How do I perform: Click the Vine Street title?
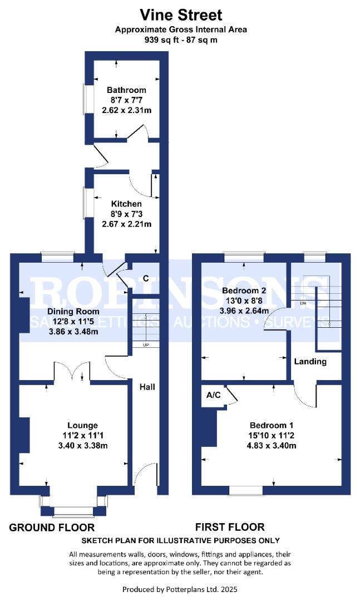point(181,15)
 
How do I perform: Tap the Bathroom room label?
point(126,91)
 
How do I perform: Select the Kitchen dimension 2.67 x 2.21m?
point(126,224)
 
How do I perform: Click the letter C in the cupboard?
point(146,278)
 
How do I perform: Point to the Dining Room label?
point(73,312)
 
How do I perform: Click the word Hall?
point(147,387)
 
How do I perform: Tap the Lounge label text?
point(82,426)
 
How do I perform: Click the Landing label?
point(310,362)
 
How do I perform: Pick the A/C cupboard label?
point(214,395)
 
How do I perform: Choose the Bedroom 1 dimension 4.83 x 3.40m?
point(272,445)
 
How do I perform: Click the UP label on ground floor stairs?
point(146,345)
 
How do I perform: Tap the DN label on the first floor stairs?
point(303,303)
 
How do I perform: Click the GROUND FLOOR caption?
point(52,528)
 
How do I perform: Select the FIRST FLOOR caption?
point(230,527)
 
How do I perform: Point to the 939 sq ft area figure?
point(161,40)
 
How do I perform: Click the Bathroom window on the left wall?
point(87,99)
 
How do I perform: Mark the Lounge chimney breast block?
point(24,435)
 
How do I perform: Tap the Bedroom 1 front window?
point(246,490)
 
